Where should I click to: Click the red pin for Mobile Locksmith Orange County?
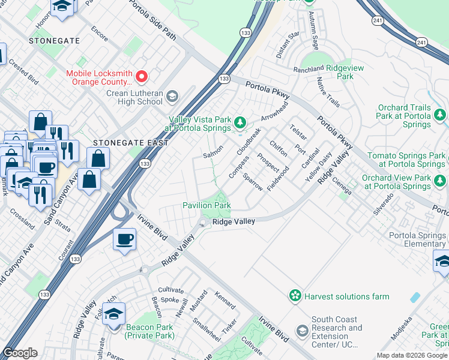pos(142,76)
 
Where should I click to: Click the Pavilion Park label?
pos(206,205)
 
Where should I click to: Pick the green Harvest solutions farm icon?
pos(295,296)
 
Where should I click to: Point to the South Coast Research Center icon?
pos(302,331)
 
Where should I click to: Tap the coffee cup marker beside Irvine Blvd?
pos(124,239)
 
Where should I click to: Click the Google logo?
pos(20,353)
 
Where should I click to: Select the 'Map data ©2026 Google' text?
pos(412,355)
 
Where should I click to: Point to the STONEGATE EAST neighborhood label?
pos(122,143)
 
